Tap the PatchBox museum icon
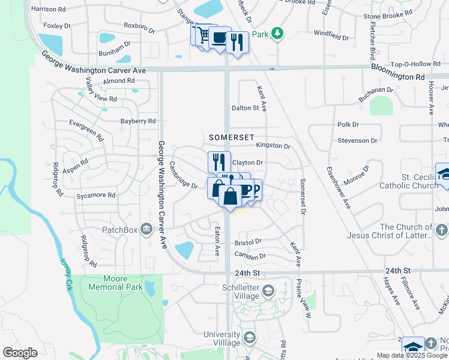click(145, 229)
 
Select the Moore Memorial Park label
click(115, 283)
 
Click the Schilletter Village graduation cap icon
click(268, 290)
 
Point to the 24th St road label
click(247, 272)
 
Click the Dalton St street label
click(245, 108)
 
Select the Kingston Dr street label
click(273, 146)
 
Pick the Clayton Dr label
click(247, 163)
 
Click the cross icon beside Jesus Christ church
click(441, 230)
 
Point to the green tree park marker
click(277, 34)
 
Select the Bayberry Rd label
click(137, 121)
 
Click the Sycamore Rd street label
click(95, 196)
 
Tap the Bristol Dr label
click(248, 242)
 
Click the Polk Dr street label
click(348, 125)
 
